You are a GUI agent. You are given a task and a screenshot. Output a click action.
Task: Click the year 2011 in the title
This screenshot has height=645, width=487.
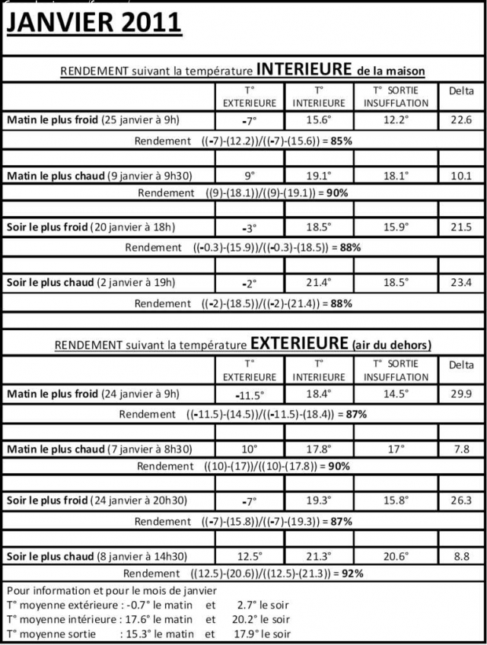[148, 23]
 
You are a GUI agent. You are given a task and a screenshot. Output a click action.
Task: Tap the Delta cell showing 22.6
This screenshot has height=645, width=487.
[462, 119]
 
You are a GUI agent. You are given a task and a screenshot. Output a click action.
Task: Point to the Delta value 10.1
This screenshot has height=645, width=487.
[462, 175]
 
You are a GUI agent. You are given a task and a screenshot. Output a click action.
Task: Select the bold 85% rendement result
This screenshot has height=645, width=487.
[339, 141]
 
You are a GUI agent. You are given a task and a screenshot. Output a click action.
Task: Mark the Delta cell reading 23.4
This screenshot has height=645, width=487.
[462, 282]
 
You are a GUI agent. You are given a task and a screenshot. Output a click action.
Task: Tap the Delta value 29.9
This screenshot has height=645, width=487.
[462, 394]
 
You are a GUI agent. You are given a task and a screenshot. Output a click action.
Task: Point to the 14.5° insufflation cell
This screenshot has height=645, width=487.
[396, 394]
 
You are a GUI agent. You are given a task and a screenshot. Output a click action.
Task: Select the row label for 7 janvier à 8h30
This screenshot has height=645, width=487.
[99, 449]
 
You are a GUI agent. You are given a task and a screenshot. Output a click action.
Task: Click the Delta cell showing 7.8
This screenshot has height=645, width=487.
[462, 449]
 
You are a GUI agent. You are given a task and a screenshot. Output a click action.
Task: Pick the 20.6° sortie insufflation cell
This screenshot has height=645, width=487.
[396, 556]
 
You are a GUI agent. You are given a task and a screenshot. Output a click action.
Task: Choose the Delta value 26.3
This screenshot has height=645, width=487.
[462, 500]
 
